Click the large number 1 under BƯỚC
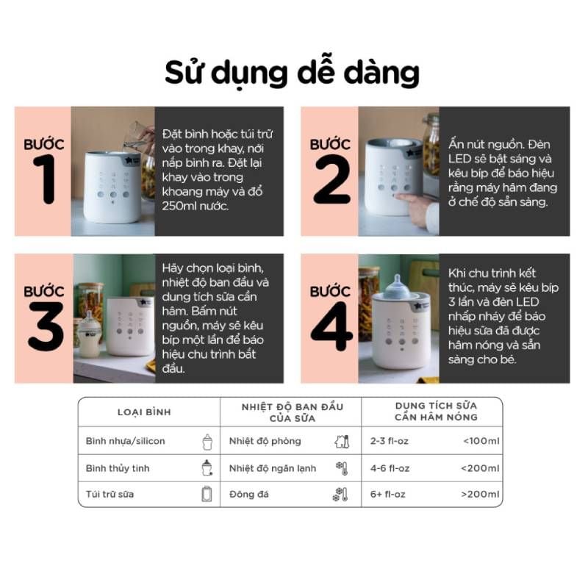(x=45, y=179)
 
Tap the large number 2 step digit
(x=332, y=179)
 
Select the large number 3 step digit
(x=46, y=326)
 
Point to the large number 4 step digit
(x=331, y=326)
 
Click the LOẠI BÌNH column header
(x=144, y=412)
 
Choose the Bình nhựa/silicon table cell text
(x=125, y=441)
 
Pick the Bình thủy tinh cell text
(x=118, y=468)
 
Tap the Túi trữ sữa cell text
(x=110, y=494)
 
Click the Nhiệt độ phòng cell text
(x=265, y=441)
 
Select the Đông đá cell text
(x=248, y=494)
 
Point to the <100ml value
(x=481, y=441)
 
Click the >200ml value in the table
(x=480, y=494)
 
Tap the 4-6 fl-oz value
(x=390, y=468)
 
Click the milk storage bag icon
(x=207, y=494)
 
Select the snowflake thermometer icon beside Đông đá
(x=340, y=494)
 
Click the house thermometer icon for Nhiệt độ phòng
(x=342, y=442)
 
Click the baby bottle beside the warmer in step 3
(x=89, y=334)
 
